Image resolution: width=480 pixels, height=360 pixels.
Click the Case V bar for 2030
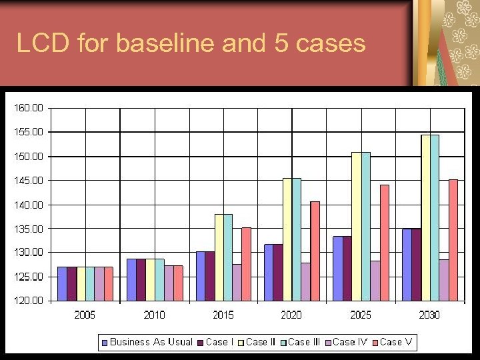click(x=453, y=240)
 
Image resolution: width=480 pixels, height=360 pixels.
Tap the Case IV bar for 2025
click(x=375, y=281)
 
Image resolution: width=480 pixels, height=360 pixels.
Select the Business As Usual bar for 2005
click(x=62, y=283)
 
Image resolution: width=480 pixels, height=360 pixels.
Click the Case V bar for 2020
click(x=315, y=251)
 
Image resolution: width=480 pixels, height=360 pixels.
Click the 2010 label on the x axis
click(x=154, y=315)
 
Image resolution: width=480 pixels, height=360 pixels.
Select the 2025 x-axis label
click(x=361, y=315)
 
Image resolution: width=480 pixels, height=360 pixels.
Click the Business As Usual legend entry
click(x=151, y=342)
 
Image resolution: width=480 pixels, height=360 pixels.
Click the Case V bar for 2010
click(x=178, y=283)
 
